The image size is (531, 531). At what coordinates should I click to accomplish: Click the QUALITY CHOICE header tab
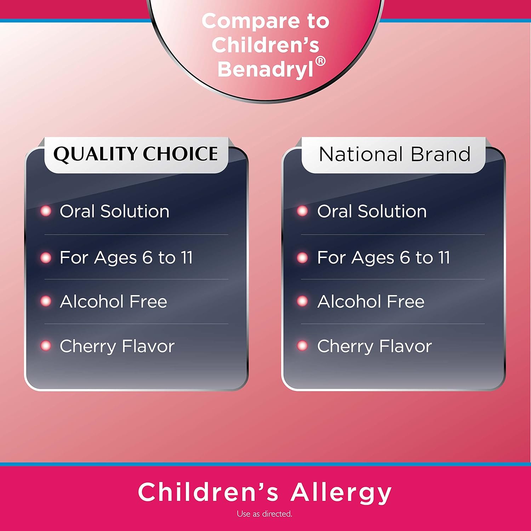pyautogui.click(x=136, y=155)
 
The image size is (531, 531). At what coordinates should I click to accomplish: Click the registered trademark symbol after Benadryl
pyautogui.click(x=320, y=61)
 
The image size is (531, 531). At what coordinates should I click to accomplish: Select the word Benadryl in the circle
pyautogui.click(x=265, y=69)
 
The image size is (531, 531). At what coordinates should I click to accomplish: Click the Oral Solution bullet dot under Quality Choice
pyautogui.click(x=46, y=211)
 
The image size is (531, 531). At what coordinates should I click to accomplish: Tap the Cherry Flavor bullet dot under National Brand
pyautogui.click(x=302, y=346)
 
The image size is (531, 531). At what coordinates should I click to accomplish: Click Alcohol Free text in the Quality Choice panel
pyautogui.click(x=113, y=302)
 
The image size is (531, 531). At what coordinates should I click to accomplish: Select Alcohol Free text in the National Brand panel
pyautogui.click(x=371, y=302)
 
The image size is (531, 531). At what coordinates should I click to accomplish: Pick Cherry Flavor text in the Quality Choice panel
pyautogui.click(x=117, y=346)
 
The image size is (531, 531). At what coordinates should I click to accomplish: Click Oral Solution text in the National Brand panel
pyautogui.click(x=372, y=211)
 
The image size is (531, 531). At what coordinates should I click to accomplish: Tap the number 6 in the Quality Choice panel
pyautogui.click(x=147, y=257)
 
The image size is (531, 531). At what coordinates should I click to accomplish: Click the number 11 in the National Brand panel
pyautogui.click(x=444, y=257)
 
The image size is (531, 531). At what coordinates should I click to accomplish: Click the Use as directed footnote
pyautogui.click(x=265, y=514)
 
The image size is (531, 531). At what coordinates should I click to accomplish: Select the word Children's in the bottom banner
pyautogui.click(x=208, y=492)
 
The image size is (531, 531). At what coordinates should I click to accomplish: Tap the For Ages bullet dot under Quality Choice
pyautogui.click(x=46, y=257)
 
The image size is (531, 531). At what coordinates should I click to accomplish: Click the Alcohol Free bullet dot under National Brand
pyautogui.click(x=302, y=301)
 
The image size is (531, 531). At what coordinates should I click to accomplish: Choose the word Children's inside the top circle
pyautogui.click(x=265, y=45)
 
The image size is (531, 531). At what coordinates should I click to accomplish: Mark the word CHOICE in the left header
pyautogui.click(x=180, y=154)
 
